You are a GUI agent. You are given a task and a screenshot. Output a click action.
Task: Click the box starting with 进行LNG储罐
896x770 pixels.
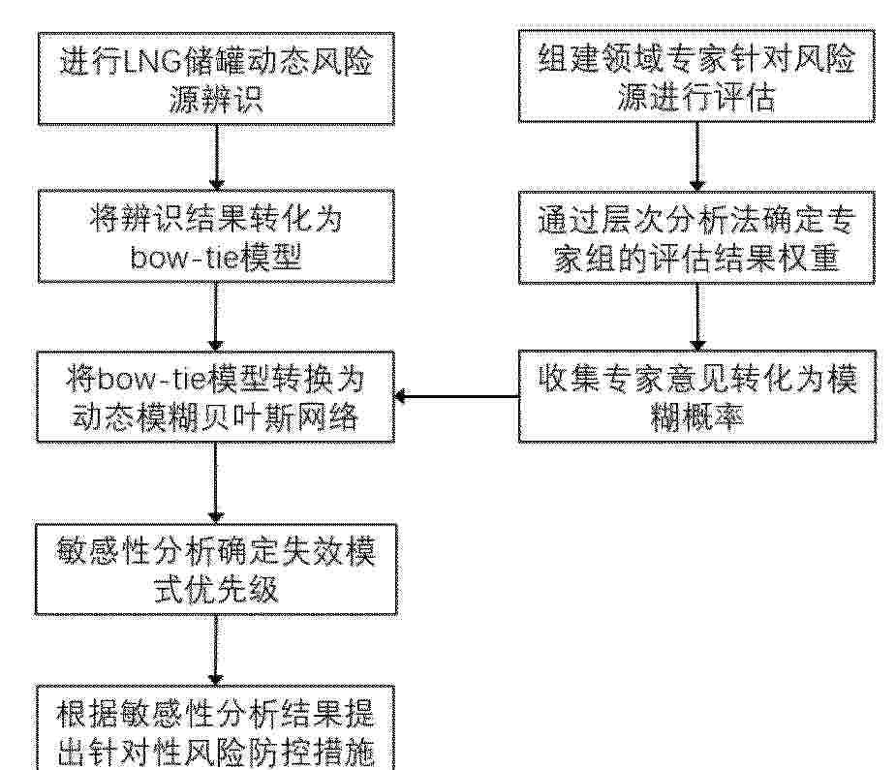pos(216,78)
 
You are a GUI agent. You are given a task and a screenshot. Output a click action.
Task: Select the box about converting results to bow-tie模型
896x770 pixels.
pos(216,236)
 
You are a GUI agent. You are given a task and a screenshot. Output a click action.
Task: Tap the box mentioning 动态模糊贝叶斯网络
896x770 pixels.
pos(216,396)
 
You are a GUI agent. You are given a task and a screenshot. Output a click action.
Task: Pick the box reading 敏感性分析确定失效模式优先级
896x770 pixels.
pos(216,569)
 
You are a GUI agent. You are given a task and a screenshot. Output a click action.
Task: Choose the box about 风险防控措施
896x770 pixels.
pos(216,727)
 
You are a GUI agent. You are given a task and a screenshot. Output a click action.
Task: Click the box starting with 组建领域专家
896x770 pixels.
pos(696,76)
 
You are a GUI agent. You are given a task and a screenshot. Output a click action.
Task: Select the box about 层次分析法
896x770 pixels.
pos(696,237)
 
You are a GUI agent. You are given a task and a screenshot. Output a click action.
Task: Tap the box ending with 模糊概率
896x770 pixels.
pos(696,396)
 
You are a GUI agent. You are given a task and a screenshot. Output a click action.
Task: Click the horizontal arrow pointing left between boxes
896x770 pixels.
pos(456,396)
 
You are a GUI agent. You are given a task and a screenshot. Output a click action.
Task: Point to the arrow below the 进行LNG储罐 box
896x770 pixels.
pos(216,157)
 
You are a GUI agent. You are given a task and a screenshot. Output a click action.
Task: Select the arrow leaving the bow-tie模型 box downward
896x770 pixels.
pos(216,317)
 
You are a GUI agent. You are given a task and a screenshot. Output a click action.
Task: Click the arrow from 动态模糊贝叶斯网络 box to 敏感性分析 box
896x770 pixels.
pos(216,482)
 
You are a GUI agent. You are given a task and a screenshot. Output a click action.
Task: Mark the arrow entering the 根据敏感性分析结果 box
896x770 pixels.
pos(216,650)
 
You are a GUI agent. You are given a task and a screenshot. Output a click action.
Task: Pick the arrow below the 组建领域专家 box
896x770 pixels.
pos(697,157)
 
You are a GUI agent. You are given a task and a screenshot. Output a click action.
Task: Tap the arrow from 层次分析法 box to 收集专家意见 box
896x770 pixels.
pos(697,317)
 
